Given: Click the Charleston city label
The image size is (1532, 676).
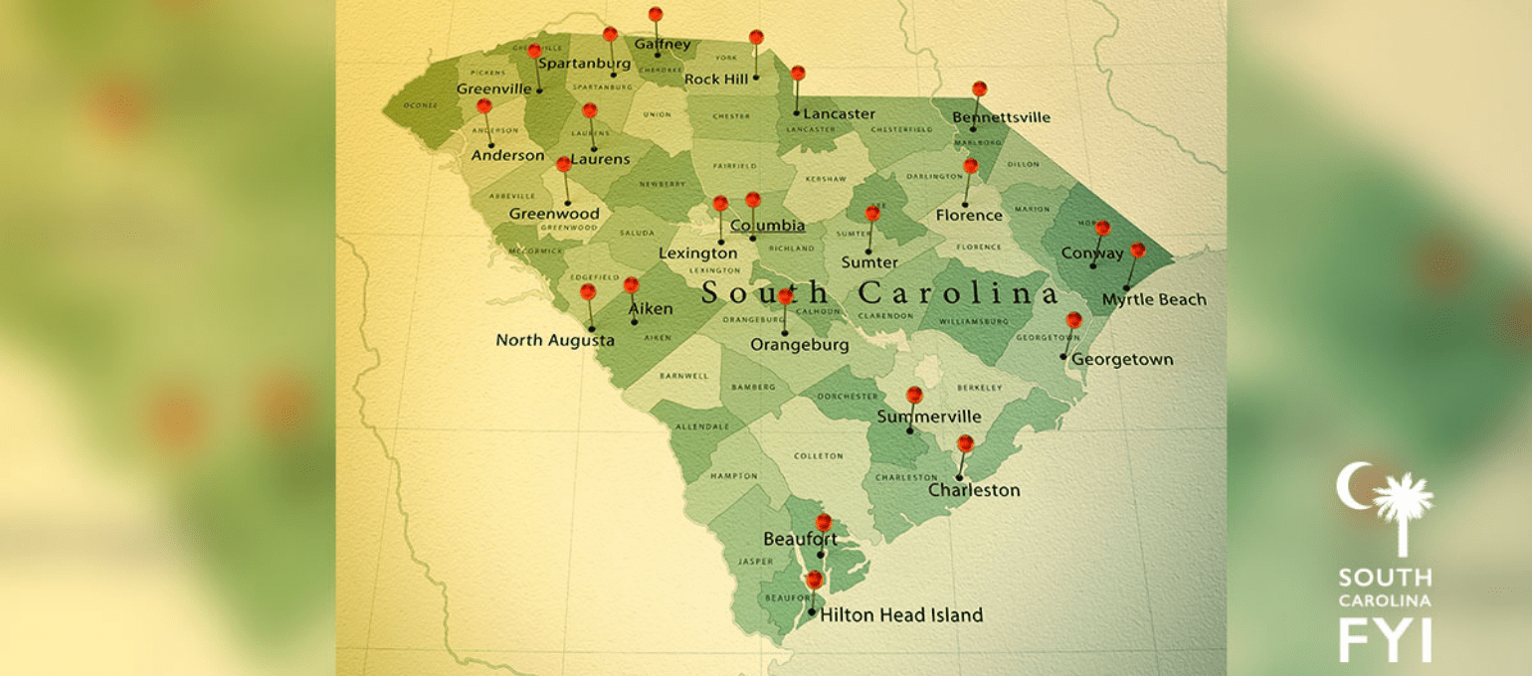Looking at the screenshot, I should pyautogui.click(x=974, y=490).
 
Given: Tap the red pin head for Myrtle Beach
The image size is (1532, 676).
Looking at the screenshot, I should pyautogui.click(x=1137, y=250).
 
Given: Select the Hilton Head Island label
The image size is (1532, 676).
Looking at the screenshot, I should pyautogui.click(x=901, y=615).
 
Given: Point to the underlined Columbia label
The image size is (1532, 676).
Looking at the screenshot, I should pyautogui.click(x=767, y=226).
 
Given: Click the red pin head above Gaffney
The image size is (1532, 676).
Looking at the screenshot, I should pyautogui.click(x=655, y=15).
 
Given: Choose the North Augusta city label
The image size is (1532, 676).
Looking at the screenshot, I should pyautogui.click(x=555, y=341).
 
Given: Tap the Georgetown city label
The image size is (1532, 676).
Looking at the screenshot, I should pyautogui.click(x=1122, y=360).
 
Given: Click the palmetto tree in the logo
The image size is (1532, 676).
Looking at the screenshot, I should pyautogui.click(x=1403, y=502).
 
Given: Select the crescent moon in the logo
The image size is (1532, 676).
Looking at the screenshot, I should pyautogui.click(x=1353, y=487).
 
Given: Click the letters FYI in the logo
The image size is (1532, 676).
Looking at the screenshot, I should pyautogui.click(x=1385, y=638).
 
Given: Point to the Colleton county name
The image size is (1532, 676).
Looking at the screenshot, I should pyautogui.click(x=818, y=456).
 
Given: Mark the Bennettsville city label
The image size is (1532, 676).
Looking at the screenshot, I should pyautogui.click(x=1001, y=117).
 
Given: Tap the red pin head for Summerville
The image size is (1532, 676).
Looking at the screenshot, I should pyautogui.click(x=914, y=395).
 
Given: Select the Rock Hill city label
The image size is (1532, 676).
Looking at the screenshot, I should pyautogui.click(x=716, y=79).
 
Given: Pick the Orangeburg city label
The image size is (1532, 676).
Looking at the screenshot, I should pyautogui.click(x=800, y=345).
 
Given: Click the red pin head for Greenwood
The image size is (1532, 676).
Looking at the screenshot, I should pyautogui.click(x=564, y=164).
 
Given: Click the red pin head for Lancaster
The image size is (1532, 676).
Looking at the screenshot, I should pyautogui.click(x=798, y=73).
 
